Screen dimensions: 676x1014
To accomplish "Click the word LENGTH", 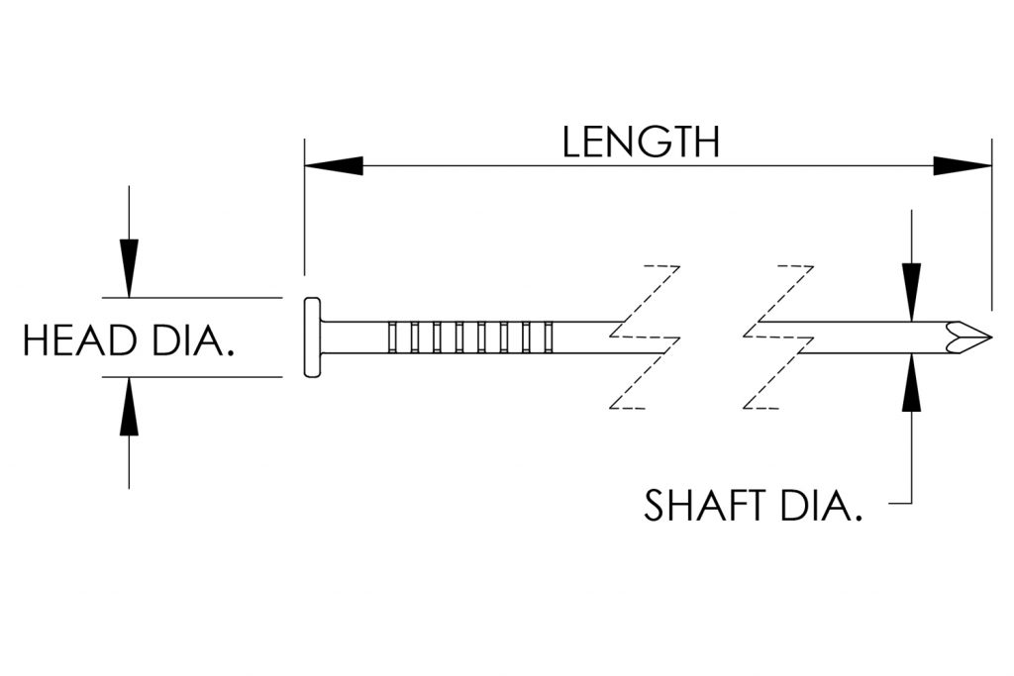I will [640, 142].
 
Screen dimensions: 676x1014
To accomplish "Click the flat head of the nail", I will [312, 337].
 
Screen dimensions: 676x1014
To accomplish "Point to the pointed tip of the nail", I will [986, 336].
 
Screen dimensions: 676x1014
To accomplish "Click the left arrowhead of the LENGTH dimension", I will [333, 166].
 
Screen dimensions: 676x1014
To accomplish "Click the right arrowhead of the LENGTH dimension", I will [963, 166].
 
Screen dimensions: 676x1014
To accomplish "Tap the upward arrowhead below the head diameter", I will [129, 406].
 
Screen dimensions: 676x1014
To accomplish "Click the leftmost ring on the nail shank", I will [395, 337].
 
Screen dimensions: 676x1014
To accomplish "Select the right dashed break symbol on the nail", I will [778, 338].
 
